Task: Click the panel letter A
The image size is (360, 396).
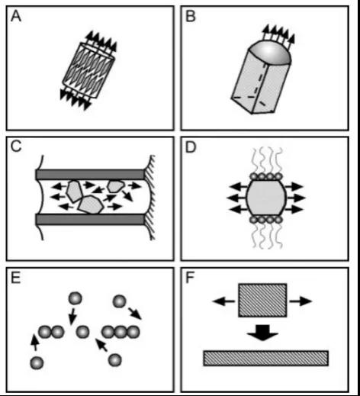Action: pyautogui.click(x=16, y=17)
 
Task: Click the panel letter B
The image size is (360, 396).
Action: pyautogui.click(x=191, y=17)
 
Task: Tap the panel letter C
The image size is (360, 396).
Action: pyautogui.click(x=16, y=146)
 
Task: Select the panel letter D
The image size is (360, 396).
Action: pyautogui.click(x=191, y=147)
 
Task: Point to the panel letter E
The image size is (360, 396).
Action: pyautogui.click(x=15, y=278)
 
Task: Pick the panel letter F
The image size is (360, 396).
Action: pyautogui.click(x=190, y=278)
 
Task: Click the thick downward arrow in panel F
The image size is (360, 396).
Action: pyautogui.click(x=262, y=332)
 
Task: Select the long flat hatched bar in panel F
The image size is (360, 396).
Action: pyautogui.click(x=266, y=359)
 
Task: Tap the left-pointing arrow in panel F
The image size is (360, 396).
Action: pyautogui.click(x=223, y=301)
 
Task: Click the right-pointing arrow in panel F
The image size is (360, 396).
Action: pyautogui.click(x=301, y=301)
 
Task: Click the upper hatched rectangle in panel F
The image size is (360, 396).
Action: pyautogui.click(x=262, y=301)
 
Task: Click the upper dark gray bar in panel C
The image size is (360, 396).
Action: pyautogui.click(x=90, y=175)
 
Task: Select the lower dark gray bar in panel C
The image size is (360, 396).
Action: pyautogui.click(x=90, y=220)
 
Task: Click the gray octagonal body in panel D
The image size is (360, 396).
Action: pyautogui.click(x=266, y=198)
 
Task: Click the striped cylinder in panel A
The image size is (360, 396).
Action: pyautogui.click(x=88, y=70)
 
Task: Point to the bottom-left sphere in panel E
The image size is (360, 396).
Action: pyautogui.click(x=37, y=363)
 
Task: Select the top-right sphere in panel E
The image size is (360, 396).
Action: pyautogui.click(x=120, y=301)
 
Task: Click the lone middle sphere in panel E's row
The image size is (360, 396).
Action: pyautogui.click(x=82, y=332)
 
